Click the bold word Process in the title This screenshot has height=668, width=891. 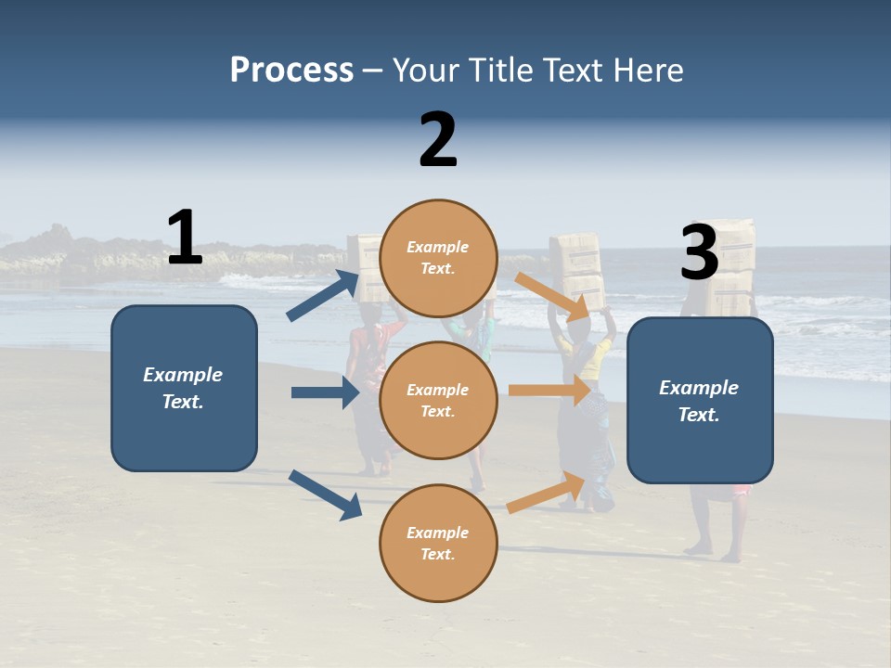tap(291, 71)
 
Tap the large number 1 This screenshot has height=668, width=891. tap(185, 238)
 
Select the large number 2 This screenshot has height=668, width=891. tap(438, 140)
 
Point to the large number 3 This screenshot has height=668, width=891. tap(700, 252)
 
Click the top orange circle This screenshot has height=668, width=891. tap(439, 258)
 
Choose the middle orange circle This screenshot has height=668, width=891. tap(439, 400)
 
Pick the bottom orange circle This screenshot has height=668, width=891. tap(439, 544)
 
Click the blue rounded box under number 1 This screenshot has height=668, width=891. tap(184, 388)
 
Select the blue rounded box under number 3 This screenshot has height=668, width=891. tap(700, 401)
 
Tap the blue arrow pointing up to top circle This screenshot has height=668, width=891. tap(323, 296)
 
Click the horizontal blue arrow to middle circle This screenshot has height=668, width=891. tap(325, 392)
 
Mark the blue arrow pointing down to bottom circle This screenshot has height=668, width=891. tap(325, 495)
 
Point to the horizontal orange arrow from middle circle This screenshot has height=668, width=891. tap(549, 391)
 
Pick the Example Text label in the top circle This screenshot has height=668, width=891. tap(438, 258)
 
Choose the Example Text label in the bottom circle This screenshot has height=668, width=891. tap(438, 544)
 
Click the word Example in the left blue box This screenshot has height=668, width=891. tap(183, 375)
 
